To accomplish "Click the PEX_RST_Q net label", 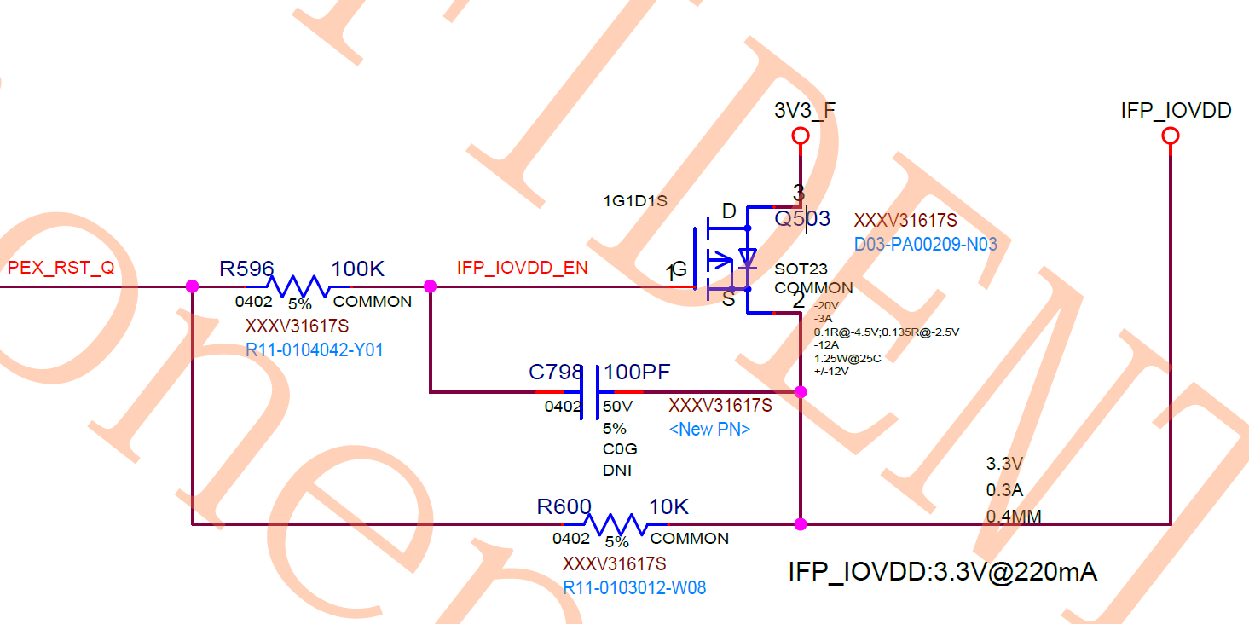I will coord(61,268).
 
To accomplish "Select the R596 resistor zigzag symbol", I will coord(298,286).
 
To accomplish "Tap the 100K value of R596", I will coord(358,269).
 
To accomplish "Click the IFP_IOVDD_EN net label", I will coord(522,268).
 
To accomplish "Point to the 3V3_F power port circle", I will coord(800,136).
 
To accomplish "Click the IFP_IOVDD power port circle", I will coord(1171,136).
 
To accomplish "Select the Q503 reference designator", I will coord(801,219).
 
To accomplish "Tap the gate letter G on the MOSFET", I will coord(679,270).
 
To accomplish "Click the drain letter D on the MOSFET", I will coord(729,211).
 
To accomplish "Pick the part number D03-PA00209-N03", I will coord(925,245).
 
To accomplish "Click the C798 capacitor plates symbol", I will coord(591,391).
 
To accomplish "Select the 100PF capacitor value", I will coord(637,373).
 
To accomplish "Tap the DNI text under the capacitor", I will coord(616,470).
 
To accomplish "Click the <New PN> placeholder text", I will coord(709,429).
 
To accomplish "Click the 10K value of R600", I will coord(668,507).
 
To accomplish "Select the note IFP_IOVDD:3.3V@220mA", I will coord(942,572).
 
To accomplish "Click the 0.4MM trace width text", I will coord(1014,517).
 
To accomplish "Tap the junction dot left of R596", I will coord(193,286).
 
